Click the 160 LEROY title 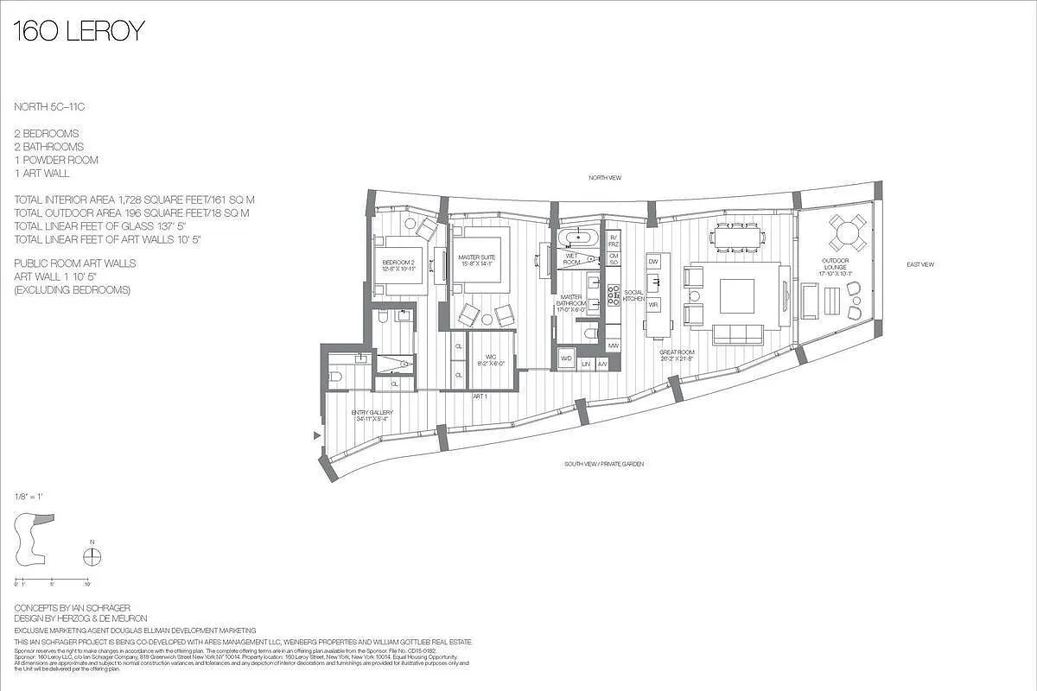[x=79, y=32]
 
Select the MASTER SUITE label [x=478, y=259]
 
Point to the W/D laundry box [x=567, y=358]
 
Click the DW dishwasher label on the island [x=653, y=261]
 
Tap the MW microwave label [x=613, y=346]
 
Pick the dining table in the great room [x=737, y=235]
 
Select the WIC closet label [x=490, y=358]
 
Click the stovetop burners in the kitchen [x=613, y=295]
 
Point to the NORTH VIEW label [x=604, y=178]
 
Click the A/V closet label [x=602, y=365]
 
